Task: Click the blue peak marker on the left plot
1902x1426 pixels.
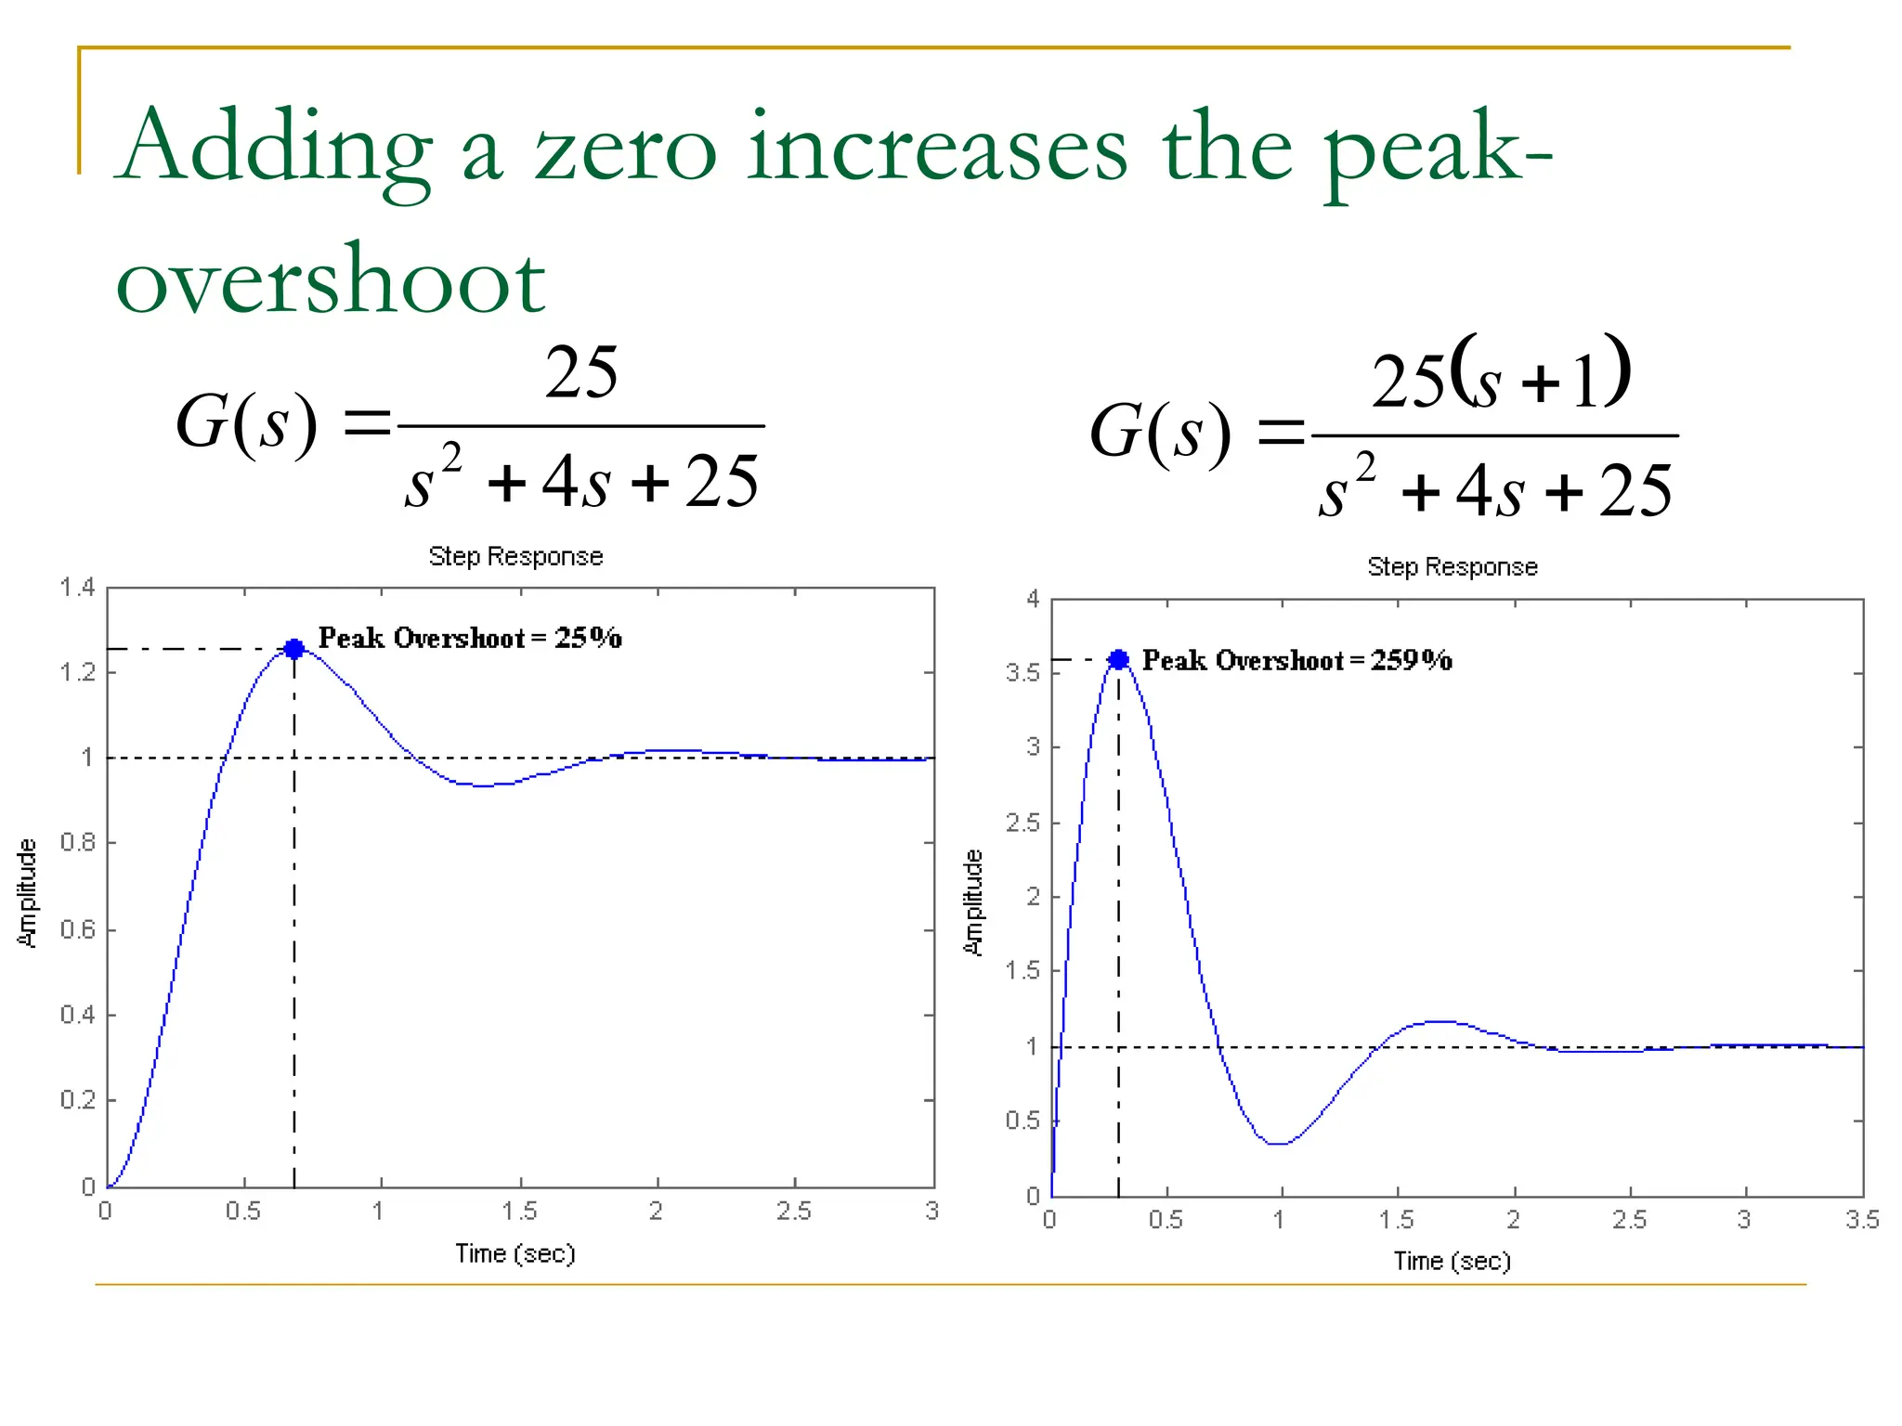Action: [294, 649]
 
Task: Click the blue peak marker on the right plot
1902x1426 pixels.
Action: [1118, 659]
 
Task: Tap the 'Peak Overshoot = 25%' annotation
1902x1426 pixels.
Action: [470, 638]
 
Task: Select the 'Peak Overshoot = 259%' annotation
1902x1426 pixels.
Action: [1296, 660]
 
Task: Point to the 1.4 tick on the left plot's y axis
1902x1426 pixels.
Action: [77, 587]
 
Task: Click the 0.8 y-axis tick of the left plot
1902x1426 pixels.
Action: [77, 842]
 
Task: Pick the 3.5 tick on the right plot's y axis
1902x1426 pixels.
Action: [1023, 672]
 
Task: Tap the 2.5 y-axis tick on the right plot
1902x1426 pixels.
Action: [1023, 823]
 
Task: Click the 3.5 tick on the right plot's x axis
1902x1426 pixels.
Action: [1862, 1220]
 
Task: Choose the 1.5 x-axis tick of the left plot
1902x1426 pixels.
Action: [519, 1212]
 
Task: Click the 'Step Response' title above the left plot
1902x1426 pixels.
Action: [515, 556]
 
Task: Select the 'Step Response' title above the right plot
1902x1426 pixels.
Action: [1453, 566]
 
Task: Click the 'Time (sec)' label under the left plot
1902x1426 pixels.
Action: [515, 1253]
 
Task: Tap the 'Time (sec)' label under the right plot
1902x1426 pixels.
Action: [1453, 1261]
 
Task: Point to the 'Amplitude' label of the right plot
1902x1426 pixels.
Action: [972, 902]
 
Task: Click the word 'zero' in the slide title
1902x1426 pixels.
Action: [625, 149]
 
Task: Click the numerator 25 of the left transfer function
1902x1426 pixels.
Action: [581, 372]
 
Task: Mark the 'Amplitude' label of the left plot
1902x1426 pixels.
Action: [28, 893]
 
